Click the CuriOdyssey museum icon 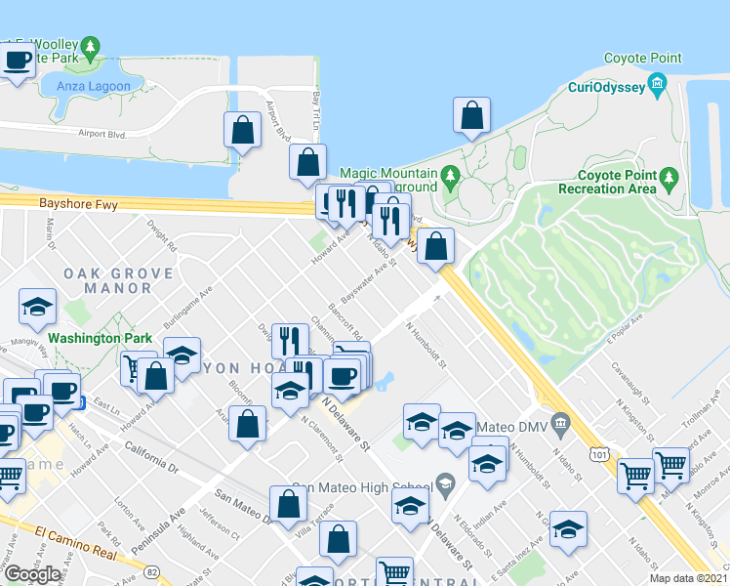click(658, 83)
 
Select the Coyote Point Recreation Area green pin click(669, 177)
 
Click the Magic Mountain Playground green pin click(449, 177)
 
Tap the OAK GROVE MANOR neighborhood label click(107, 280)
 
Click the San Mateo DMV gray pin click(559, 423)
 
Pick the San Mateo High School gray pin click(445, 482)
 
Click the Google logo click(32, 574)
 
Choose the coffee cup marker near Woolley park click(18, 61)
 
